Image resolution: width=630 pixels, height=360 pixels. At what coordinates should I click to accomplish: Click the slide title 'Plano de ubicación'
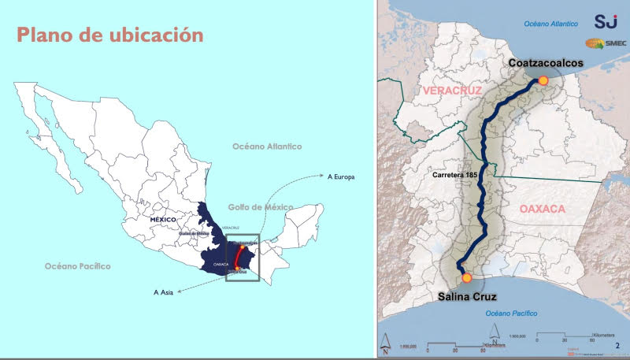click(x=109, y=35)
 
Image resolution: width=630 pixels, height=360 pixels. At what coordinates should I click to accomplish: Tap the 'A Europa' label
click(x=341, y=177)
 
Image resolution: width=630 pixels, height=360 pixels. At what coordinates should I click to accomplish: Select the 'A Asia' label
click(x=165, y=291)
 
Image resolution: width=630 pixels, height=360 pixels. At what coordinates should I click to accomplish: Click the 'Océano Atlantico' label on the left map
click(x=267, y=147)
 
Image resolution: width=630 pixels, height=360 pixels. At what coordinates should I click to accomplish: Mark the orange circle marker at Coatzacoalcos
click(x=543, y=80)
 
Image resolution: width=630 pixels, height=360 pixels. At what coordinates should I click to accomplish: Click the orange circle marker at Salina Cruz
click(x=467, y=277)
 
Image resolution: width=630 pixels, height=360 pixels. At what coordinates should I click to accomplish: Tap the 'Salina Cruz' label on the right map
click(x=470, y=298)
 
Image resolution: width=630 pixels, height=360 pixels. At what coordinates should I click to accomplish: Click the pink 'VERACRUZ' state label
click(x=451, y=91)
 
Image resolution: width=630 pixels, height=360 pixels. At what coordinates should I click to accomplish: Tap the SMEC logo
click(x=605, y=45)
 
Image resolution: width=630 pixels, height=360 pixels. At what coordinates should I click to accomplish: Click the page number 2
click(x=617, y=344)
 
